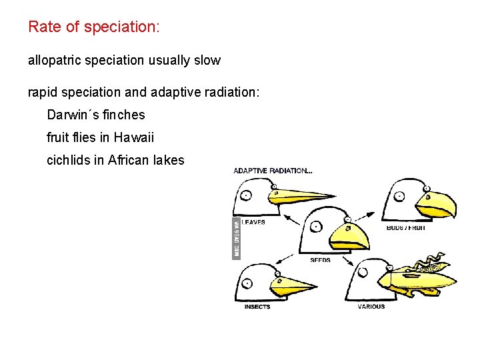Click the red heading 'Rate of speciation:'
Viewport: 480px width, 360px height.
(x=94, y=27)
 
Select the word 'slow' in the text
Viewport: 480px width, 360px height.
(x=207, y=60)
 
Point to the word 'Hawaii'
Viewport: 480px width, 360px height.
(x=133, y=138)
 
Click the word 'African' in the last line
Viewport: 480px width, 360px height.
(x=129, y=160)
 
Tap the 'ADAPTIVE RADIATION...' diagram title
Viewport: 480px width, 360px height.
(x=273, y=171)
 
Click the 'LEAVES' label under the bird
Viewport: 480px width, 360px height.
(x=253, y=223)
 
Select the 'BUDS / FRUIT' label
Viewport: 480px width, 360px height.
(x=405, y=228)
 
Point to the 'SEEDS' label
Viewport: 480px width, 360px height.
(x=320, y=260)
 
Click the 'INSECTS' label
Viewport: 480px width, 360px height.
(x=257, y=307)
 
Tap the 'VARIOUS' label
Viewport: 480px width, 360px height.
(x=371, y=307)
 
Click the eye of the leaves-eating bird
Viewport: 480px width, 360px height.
(x=245, y=195)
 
